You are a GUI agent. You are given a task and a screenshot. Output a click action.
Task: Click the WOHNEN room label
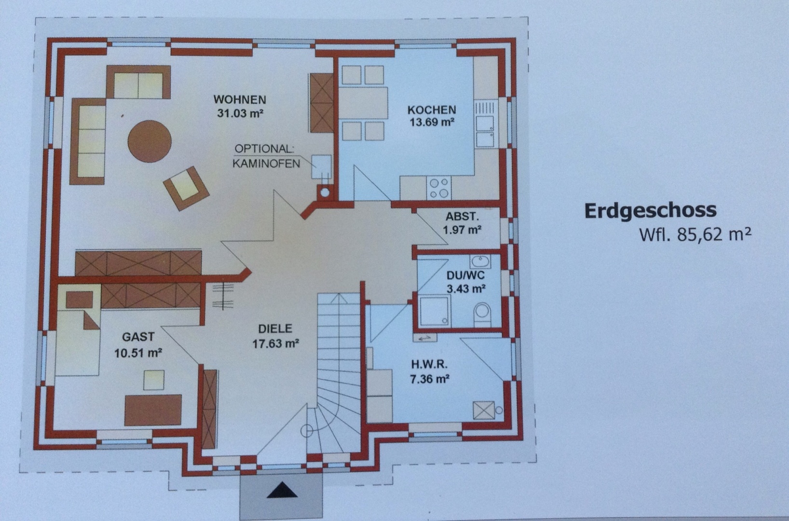(x=240, y=100)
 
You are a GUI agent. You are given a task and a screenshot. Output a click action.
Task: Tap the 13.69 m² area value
(x=432, y=122)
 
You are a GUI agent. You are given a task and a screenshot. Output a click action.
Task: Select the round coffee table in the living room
(x=150, y=141)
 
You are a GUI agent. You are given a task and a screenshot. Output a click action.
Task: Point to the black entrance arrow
(x=282, y=490)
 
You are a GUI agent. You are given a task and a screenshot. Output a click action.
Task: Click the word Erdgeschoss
(x=650, y=211)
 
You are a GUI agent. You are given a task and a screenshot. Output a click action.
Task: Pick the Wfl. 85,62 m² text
(x=695, y=234)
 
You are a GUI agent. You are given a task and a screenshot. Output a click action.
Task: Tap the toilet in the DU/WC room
(x=482, y=314)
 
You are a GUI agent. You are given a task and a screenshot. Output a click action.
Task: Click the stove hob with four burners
(x=439, y=188)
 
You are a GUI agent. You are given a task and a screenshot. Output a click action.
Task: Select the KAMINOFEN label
(x=266, y=164)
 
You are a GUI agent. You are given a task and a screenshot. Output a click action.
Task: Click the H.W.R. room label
(x=429, y=364)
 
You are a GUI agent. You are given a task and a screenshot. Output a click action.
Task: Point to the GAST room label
(x=138, y=337)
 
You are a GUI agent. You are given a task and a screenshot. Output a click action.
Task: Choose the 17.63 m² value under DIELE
(x=275, y=343)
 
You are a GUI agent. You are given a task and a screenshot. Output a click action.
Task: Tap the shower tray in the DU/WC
(x=435, y=310)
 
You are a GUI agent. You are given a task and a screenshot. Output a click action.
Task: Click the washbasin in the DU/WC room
(x=480, y=261)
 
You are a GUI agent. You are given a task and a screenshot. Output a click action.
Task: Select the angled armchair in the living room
(x=186, y=189)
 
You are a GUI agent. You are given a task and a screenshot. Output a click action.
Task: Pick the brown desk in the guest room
(x=153, y=410)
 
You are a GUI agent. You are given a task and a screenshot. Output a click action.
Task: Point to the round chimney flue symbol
(x=325, y=192)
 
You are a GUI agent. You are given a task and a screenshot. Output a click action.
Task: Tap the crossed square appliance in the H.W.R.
(x=484, y=411)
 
